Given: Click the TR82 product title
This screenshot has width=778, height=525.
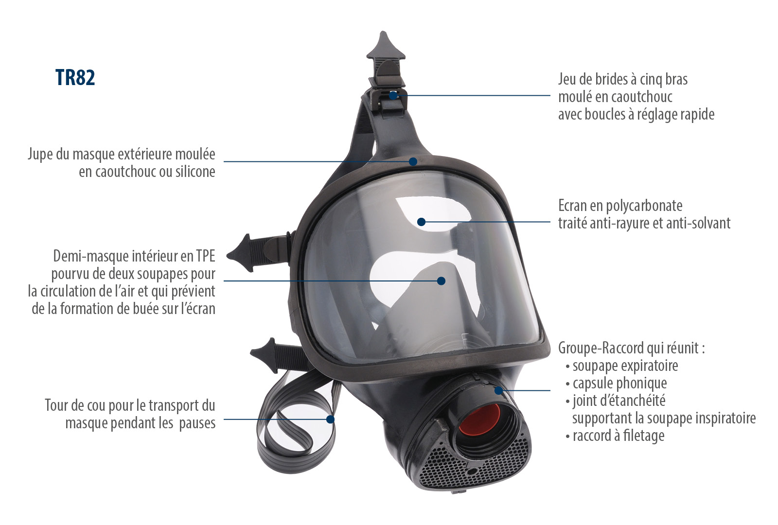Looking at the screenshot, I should [75, 78].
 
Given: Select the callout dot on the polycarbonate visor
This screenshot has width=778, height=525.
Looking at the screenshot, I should [422, 222].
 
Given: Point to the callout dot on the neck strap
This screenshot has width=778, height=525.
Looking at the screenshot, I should [331, 419].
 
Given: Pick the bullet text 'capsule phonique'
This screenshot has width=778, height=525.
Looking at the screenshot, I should [619, 383].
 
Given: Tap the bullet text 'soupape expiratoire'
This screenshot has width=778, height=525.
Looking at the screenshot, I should [625, 366].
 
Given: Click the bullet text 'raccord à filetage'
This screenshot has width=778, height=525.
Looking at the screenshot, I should [618, 436].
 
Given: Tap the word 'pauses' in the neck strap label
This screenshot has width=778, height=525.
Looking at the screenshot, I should [197, 423].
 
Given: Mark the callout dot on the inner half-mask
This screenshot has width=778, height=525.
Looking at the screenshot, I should [441, 281].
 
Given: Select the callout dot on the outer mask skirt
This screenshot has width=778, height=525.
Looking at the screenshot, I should [413, 161].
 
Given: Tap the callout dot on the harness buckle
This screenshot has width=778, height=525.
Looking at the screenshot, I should [393, 95].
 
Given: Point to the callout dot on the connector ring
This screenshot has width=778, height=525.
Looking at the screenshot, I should [498, 390].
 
